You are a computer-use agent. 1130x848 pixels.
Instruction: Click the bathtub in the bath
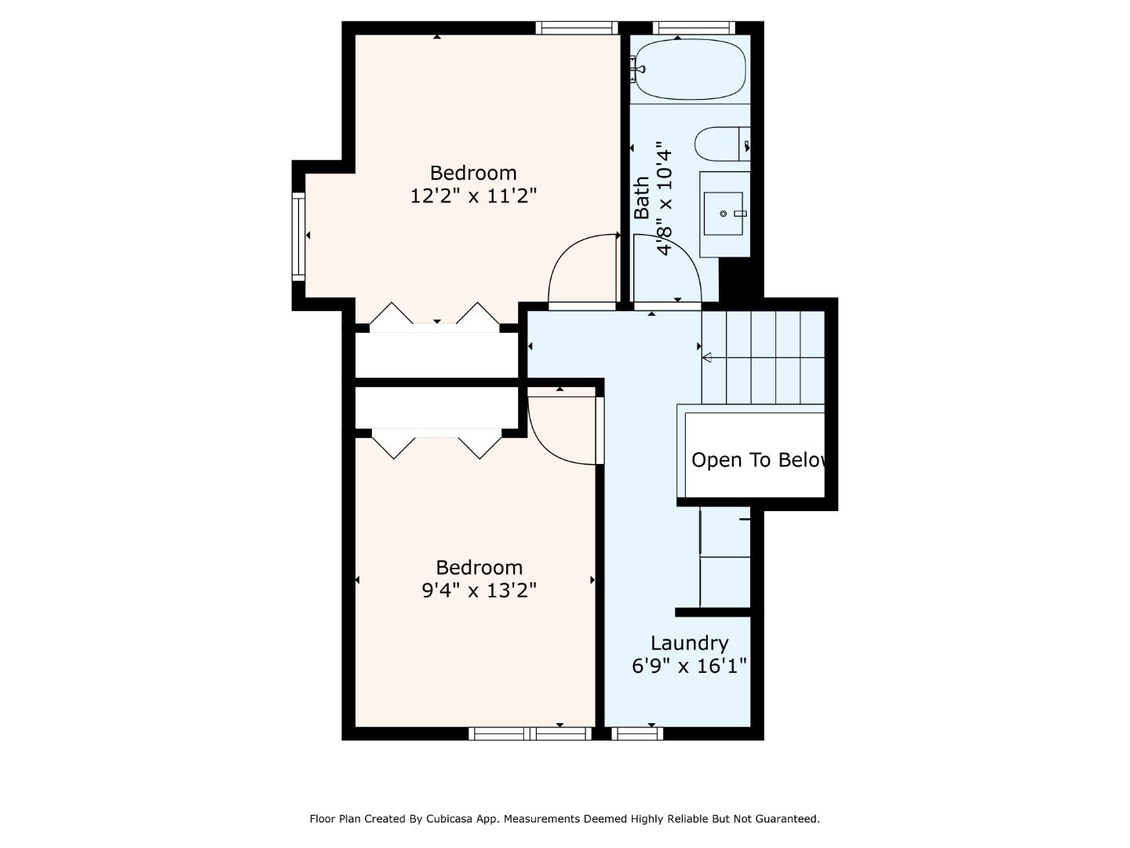(690, 70)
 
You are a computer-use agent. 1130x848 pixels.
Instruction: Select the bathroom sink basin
(723, 213)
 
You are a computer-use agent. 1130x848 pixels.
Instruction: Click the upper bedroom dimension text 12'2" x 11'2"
(473, 196)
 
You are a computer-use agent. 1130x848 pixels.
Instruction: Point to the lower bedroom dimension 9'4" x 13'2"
(479, 590)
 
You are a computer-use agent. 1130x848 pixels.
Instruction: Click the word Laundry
(689, 643)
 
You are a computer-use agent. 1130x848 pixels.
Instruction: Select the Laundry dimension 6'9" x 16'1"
(689, 667)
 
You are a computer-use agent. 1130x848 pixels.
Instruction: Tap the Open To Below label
(758, 460)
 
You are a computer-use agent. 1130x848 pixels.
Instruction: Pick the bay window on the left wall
(298, 236)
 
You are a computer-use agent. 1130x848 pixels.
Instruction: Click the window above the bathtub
(694, 28)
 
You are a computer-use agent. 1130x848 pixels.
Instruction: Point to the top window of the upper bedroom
(577, 28)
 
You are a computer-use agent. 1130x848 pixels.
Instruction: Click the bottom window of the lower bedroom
(530, 733)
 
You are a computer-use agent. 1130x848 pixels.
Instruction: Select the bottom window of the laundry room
(637, 733)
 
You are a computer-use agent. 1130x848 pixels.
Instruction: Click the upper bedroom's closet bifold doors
(435, 316)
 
